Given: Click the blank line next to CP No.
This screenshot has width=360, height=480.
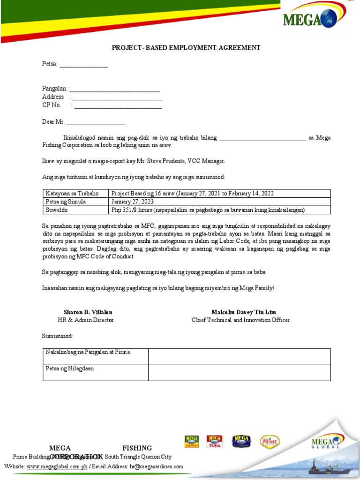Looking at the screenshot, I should tap(118, 106).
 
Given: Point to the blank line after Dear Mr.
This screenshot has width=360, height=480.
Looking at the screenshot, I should tap(96, 123).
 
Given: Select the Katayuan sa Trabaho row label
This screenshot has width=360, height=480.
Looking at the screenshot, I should tap(72, 194).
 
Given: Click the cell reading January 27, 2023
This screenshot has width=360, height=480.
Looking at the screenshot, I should tap(133, 202).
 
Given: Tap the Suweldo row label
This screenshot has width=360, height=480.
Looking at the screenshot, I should tap(57, 210).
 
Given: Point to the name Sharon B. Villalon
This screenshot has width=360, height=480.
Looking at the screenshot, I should tap(88, 312).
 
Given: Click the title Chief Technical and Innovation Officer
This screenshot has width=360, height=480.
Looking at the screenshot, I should tap(240, 320).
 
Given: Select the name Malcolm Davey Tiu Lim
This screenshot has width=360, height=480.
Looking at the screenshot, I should tap(244, 312).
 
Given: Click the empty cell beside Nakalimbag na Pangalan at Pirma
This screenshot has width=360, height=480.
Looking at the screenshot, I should tap(239, 356).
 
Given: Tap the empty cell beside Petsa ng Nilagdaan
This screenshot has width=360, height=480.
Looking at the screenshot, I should tap(239, 373).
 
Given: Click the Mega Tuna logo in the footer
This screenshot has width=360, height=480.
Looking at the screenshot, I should tap(215, 442).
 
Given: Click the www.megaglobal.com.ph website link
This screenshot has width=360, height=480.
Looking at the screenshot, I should tap(57, 467).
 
